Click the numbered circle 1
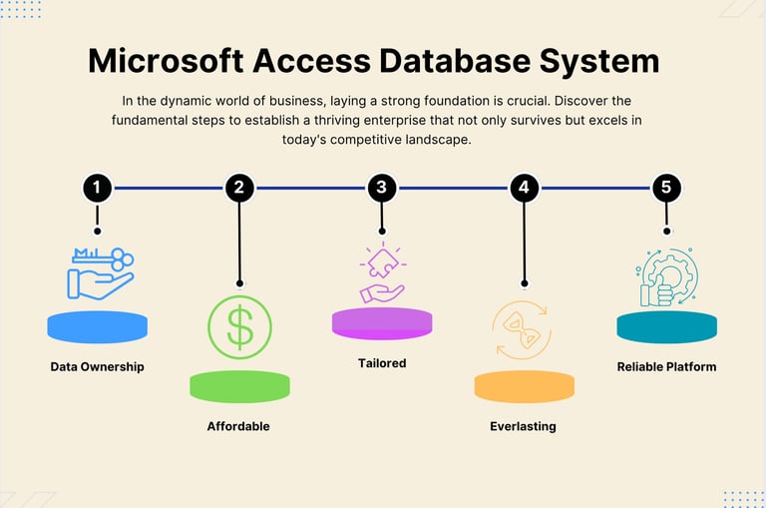[x=97, y=188]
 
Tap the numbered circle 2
[x=239, y=188]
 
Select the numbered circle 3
[x=381, y=188]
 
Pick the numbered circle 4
[x=524, y=188]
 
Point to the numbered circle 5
[x=666, y=188]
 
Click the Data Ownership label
[x=97, y=366]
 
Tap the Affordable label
[x=238, y=426]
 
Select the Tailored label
[x=382, y=363]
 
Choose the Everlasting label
[x=524, y=426]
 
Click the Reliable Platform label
[x=666, y=366]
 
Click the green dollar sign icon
[x=239, y=327]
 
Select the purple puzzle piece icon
[x=382, y=272]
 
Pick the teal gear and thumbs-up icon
[x=666, y=276]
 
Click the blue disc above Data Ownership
[x=97, y=326]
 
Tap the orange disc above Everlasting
[x=524, y=386]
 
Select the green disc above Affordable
[x=239, y=386]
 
